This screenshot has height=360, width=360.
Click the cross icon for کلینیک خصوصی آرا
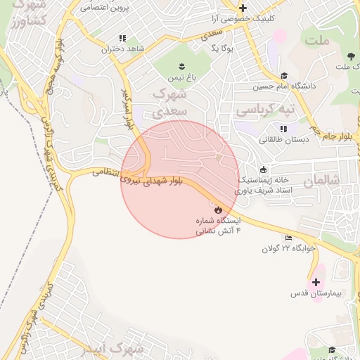tap(243, 8)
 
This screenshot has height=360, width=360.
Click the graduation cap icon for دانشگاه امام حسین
tap(283, 76)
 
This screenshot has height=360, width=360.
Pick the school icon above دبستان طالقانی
tap(283, 129)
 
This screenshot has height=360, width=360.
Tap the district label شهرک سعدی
tap(171, 101)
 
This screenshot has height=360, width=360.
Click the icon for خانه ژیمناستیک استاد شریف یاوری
tap(263, 169)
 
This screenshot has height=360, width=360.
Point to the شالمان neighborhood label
tap(321, 181)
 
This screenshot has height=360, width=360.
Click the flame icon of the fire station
tap(218, 210)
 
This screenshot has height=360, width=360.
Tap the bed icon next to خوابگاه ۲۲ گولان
tap(288, 238)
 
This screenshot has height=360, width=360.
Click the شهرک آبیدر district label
tap(120, 349)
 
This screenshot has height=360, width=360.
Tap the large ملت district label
tap(318, 39)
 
